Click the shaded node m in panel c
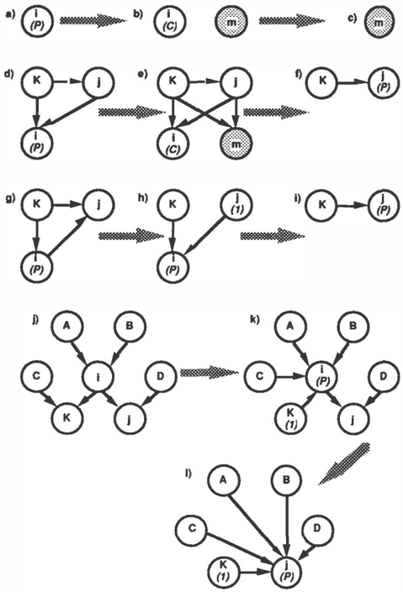pos(379,22)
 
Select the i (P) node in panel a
pos(36,22)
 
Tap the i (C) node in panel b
pos(168,22)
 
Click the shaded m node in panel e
pos(236,144)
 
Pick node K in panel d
pos(36,82)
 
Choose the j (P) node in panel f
pos(384,82)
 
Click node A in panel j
pos(67,326)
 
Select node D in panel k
pos(384,376)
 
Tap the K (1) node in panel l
pos(224,571)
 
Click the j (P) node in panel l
pos(289,571)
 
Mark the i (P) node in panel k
pos(321,376)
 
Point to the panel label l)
pos(188,473)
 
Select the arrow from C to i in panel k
pos(290,376)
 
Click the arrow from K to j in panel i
pos(353,206)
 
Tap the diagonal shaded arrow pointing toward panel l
pos(344,464)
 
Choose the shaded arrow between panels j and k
pos(209,372)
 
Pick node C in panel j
pos(36,376)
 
